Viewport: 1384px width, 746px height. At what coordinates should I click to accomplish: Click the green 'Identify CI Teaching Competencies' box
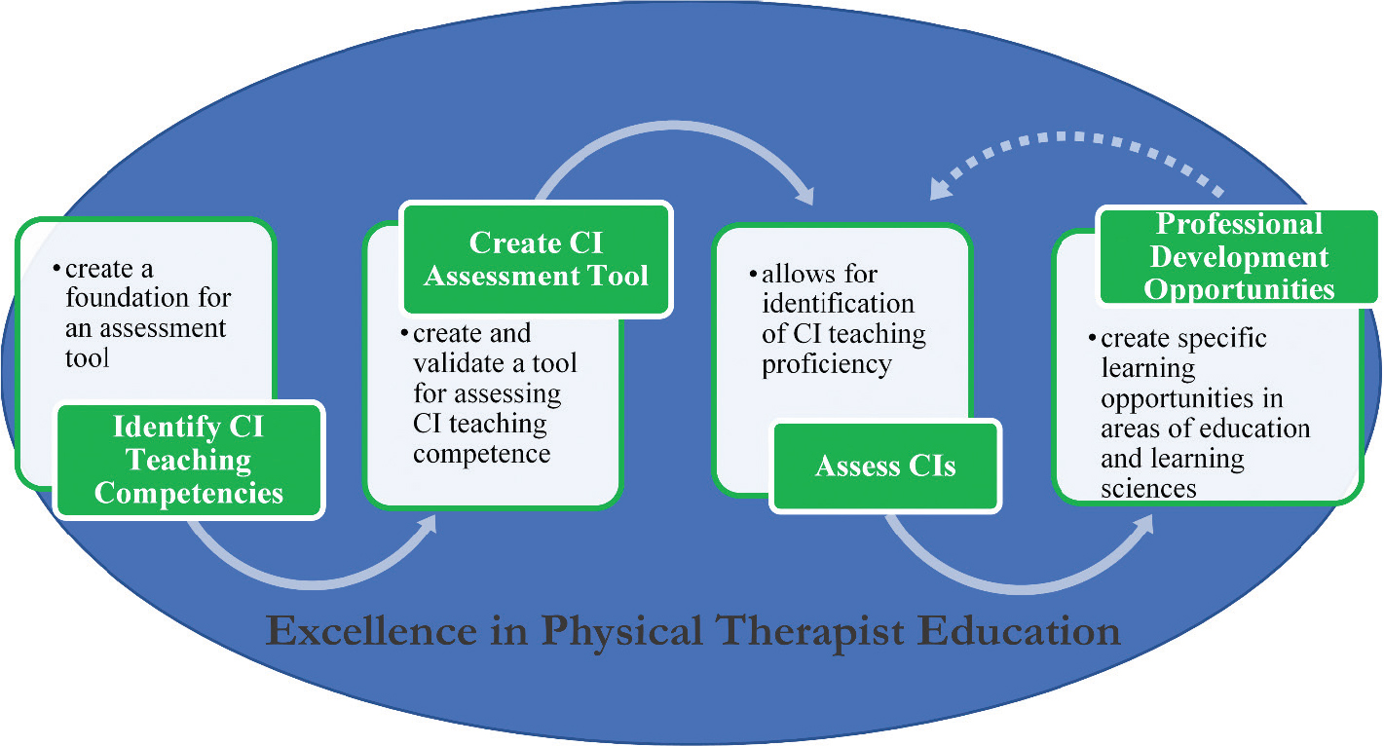188,460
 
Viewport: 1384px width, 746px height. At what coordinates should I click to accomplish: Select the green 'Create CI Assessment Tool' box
536,258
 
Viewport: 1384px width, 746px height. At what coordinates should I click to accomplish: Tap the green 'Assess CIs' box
885,466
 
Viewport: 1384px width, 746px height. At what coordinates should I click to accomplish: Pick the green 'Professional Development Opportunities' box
1238,256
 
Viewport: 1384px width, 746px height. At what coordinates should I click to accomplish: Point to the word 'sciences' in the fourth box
1148,487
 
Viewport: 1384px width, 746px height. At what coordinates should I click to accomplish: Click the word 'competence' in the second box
482,454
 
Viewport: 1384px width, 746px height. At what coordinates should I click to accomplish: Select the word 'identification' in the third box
839,304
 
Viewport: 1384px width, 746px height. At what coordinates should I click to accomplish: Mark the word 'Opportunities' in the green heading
1239,289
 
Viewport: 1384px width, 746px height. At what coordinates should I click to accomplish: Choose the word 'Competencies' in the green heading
188,492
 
